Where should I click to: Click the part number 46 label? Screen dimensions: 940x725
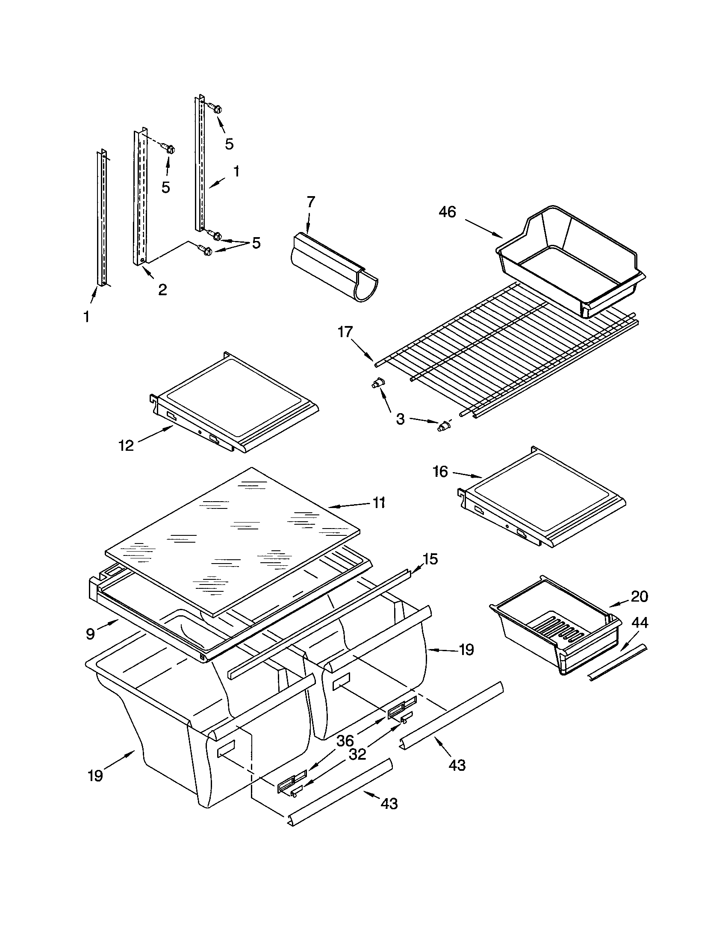pyautogui.click(x=447, y=212)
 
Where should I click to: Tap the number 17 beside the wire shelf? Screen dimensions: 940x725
pyautogui.click(x=345, y=332)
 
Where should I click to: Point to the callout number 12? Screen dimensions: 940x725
pyautogui.click(x=127, y=446)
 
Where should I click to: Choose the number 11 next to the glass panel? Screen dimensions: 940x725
pyautogui.click(x=379, y=502)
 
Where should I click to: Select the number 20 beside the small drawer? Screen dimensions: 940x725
pyautogui.click(x=640, y=596)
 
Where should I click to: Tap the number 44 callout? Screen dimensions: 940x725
pyautogui.click(x=639, y=623)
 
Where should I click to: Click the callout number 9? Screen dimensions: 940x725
pyautogui.click(x=90, y=634)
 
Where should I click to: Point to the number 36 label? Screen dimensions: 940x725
pyautogui.click(x=345, y=741)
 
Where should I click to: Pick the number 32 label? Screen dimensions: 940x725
pyautogui.click(x=357, y=754)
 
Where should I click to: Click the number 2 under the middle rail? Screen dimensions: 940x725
pyautogui.click(x=162, y=290)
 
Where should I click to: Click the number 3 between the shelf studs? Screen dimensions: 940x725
pyautogui.click(x=400, y=419)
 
